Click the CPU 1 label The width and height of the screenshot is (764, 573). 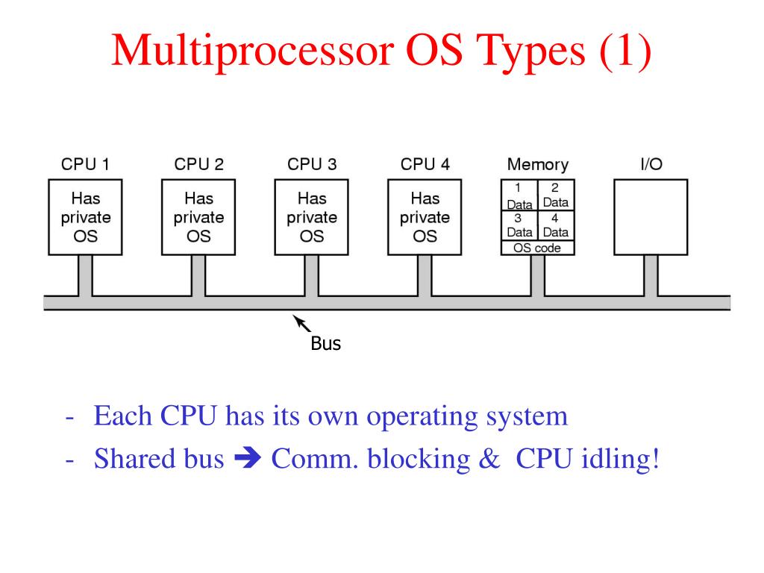tap(85, 164)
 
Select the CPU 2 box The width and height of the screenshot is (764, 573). tap(198, 217)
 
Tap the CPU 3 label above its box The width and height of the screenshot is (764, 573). tap(312, 164)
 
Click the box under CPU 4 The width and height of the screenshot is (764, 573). tap(425, 217)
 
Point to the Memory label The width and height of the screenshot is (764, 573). tap(537, 164)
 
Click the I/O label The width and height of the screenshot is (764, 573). tap(651, 164)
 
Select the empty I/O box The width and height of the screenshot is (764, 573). tap(651, 217)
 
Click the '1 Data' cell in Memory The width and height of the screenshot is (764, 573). tap(519, 195)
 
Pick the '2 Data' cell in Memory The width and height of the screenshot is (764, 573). tap(555, 195)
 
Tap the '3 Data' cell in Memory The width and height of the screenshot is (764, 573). tap(519, 226)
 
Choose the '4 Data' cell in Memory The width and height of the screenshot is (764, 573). tap(555, 226)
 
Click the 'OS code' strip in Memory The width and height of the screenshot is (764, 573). tap(537, 248)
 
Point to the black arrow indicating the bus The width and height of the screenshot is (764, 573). tap(301, 322)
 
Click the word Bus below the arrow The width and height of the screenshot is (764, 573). tap(325, 345)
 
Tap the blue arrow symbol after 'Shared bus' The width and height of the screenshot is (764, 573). tap(248, 458)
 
